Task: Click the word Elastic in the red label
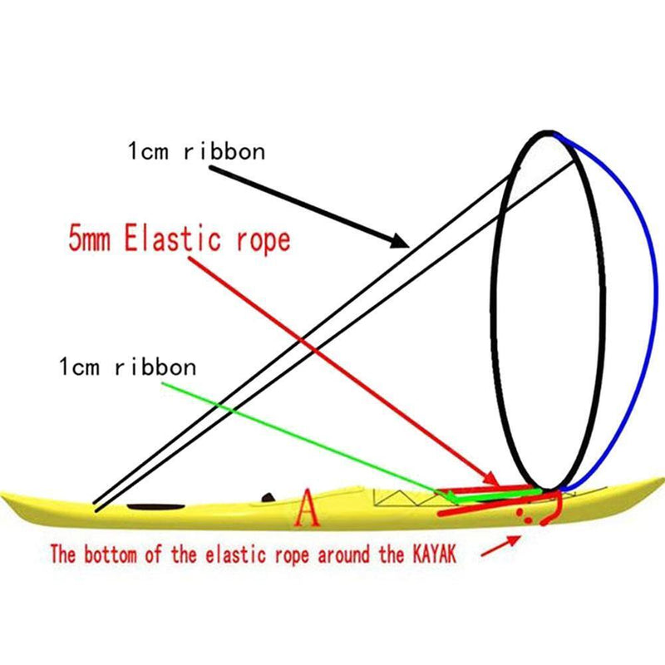coord(179,239)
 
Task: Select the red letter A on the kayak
coord(308,509)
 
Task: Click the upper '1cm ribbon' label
coord(196,152)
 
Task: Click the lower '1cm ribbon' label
coord(128,366)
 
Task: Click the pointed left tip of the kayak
coord(4,497)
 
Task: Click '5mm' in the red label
coord(91,239)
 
